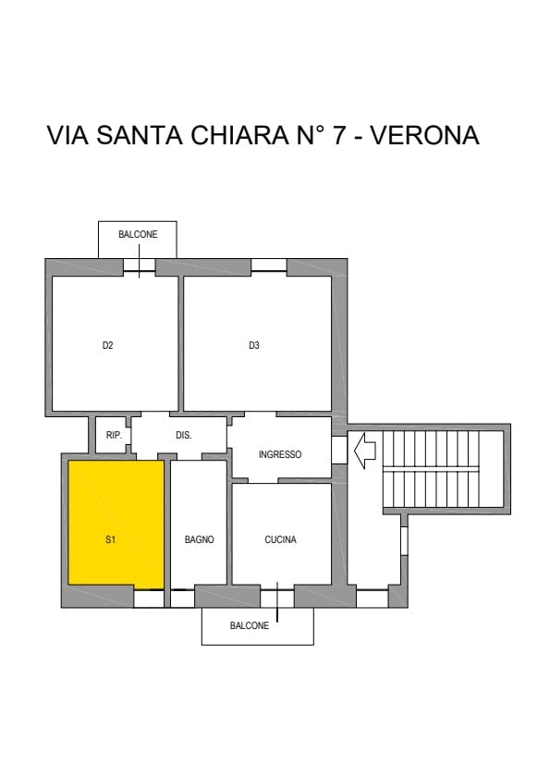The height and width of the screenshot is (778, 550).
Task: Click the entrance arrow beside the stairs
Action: click(x=364, y=451)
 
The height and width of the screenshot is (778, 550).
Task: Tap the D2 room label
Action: click(x=107, y=345)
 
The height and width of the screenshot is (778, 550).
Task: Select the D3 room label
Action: click(x=254, y=345)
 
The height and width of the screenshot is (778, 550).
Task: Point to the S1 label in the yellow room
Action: click(x=110, y=539)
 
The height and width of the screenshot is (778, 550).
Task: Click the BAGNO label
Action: click(x=199, y=539)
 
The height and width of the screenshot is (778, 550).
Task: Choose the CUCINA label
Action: click(x=280, y=539)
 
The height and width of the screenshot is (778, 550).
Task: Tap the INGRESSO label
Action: click(x=280, y=454)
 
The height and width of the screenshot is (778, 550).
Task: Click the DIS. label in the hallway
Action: click(x=184, y=435)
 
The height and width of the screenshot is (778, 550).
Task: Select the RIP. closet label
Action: click(x=114, y=435)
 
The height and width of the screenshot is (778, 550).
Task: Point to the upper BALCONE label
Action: click(x=138, y=234)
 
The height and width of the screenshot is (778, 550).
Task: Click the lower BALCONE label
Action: click(x=250, y=625)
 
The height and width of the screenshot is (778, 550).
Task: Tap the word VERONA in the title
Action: click(x=425, y=135)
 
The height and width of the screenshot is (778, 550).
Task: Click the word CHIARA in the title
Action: click(x=239, y=135)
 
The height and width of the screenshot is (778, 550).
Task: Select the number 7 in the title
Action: click(x=338, y=135)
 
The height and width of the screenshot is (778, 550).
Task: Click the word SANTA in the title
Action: click(x=140, y=135)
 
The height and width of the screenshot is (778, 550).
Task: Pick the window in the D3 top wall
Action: click(x=269, y=265)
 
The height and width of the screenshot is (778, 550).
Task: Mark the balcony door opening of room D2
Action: click(x=140, y=266)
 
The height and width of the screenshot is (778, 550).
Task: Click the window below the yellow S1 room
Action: click(x=149, y=599)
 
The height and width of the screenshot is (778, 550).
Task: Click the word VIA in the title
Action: click(x=68, y=135)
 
